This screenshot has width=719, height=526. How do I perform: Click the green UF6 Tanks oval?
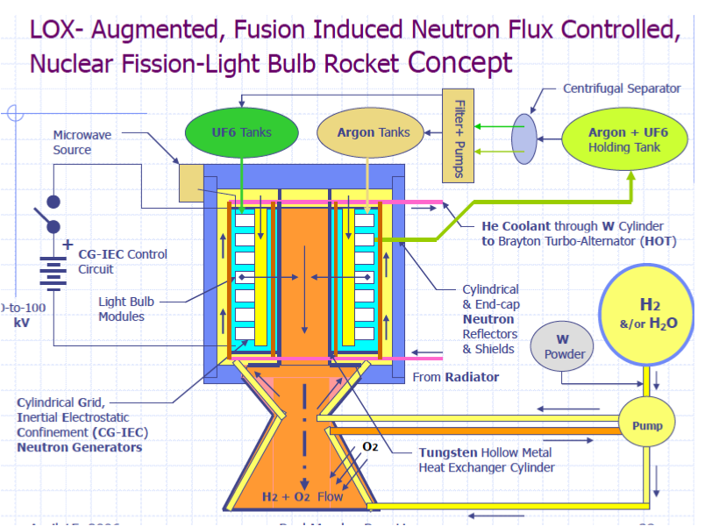click(241, 132)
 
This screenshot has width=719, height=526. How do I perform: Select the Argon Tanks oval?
click(374, 132)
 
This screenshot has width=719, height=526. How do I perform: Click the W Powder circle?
click(565, 347)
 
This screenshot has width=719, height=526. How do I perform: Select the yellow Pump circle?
click(647, 426)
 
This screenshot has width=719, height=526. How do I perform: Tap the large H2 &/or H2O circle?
click(650, 314)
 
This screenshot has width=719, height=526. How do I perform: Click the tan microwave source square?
click(191, 181)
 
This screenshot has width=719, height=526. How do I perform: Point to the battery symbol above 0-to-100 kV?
click(54, 269)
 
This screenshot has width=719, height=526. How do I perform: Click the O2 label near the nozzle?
click(370, 447)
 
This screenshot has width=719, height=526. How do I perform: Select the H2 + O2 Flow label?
click(303, 496)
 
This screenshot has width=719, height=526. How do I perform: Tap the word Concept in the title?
click(460, 62)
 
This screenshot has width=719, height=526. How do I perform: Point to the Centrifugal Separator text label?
click(622, 89)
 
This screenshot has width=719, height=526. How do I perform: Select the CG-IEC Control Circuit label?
click(122, 261)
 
